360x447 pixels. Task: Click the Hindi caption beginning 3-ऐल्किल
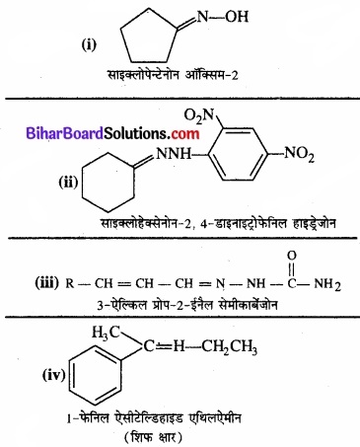coord(180,312)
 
